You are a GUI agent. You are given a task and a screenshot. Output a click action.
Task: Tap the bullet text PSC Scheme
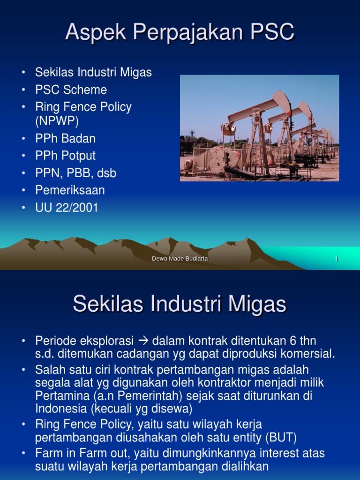click(x=71, y=90)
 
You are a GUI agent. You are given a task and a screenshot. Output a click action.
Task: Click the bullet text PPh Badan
click(x=65, y=138)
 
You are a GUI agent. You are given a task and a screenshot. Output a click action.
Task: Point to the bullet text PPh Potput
click(x=65, y=156)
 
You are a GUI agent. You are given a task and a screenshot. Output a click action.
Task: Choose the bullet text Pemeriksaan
click(x=70, y=190)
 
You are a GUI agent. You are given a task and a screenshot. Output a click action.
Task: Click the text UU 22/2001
click(x=67, y=208)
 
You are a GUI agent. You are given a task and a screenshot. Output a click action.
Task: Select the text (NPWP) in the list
click(x=57, y=121)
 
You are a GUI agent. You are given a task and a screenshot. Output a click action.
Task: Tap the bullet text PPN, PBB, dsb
click(x=75, y=173)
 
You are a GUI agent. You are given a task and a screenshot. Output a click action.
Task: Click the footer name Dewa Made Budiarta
click(x=180, y=259)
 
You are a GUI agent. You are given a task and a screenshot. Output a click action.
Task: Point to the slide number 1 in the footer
click(x=337, y=259)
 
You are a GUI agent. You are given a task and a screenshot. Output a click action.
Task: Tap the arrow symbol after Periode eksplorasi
click(x=143, y=340)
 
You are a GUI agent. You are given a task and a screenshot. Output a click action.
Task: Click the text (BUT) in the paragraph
click(x=281, y=438)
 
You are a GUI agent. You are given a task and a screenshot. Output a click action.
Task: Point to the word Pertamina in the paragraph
click(x=59, y=396)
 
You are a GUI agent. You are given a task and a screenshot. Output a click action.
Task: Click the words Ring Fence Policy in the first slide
click(x=83, y=107)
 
